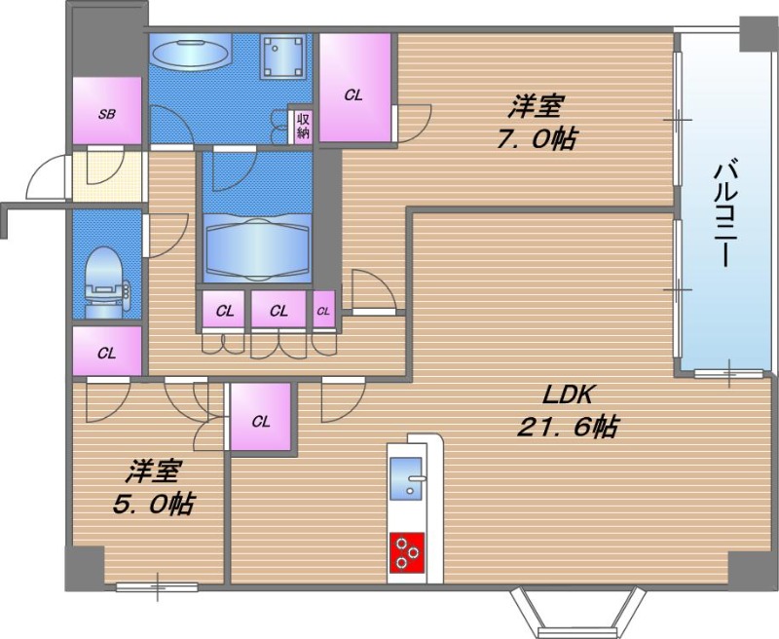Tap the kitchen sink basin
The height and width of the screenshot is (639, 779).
(407, 478)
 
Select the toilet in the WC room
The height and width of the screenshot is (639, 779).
(107, 282)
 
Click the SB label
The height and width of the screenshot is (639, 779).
(107, 114)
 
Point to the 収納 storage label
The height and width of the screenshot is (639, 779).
(303, 127)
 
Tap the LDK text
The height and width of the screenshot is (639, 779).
(568, 395)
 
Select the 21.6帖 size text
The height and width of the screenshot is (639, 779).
(568, 427)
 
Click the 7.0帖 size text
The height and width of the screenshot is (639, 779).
(537, 138)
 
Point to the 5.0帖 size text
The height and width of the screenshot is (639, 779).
(153, 504)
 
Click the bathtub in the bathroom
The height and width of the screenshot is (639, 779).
(258, 247)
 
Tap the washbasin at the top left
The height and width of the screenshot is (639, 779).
(190, 52)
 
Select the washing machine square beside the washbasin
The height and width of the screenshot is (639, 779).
(282, 57)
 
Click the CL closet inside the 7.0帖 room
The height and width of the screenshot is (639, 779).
(353, 88)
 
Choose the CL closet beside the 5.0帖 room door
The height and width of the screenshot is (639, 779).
(260, 416)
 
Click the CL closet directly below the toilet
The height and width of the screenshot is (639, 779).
(107, 351)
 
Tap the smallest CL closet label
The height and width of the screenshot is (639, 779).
(323, 311)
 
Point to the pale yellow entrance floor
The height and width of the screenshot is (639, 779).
(108, 176)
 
